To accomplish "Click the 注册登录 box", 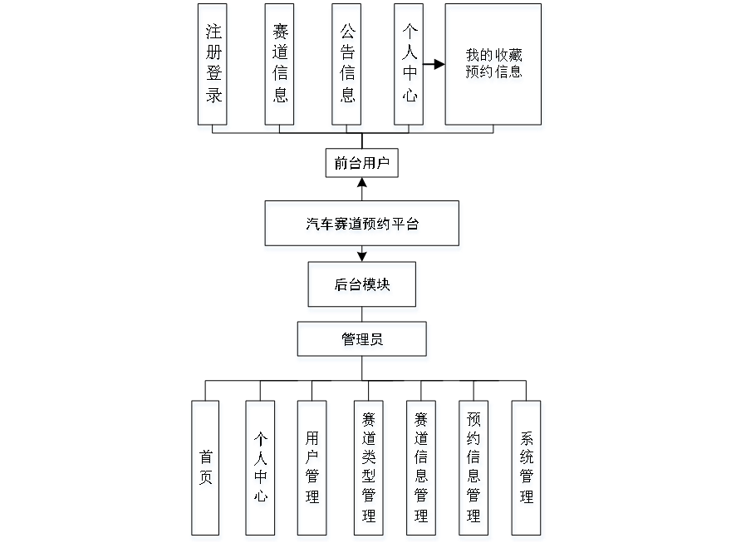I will coord(213,67).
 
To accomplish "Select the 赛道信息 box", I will coord(281,67).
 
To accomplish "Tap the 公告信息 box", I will coord(348,67).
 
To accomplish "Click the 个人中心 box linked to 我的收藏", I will coord(410,67).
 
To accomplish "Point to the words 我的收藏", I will coord(495,57).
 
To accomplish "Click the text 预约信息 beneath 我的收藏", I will coord(495,72).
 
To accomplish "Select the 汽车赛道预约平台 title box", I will coord(362,226).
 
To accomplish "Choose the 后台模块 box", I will coord(363,288).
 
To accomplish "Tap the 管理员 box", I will coord(363,341).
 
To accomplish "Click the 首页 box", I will coord(206,470).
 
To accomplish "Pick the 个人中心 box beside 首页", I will coord(261,470).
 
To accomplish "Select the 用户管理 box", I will coord(312,470).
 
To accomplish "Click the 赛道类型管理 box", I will coord(369,470).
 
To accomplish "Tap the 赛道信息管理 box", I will coord(422,470).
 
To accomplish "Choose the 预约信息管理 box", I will coord(475,470).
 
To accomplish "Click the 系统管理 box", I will coord(527,470).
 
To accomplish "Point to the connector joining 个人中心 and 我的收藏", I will coord(436,63).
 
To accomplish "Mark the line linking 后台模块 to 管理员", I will coord(363,317).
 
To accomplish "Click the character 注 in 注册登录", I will coord(214,34).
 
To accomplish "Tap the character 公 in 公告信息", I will coord(348,34).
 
